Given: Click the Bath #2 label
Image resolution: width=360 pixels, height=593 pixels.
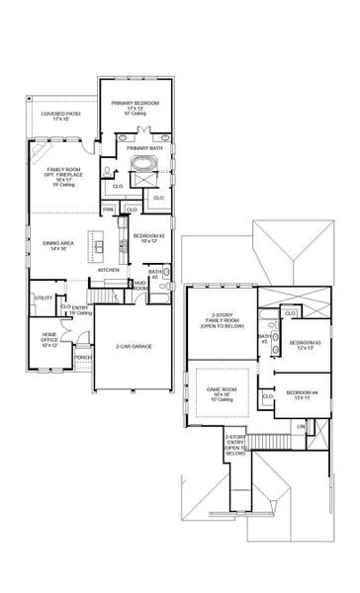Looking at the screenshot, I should pyautogui.click(x=154, y=274).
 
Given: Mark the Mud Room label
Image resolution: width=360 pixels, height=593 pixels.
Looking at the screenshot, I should pyautogui.click(x=140, y=286).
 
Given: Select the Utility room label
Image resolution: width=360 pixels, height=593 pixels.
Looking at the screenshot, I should pyautogui.click(x=44, y=297).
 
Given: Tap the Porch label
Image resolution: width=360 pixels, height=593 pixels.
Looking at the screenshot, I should pyautogui.click(x=83, y=358).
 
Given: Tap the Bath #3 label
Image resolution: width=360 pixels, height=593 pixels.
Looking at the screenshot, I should pyautogui.click(x=264, y=339).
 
